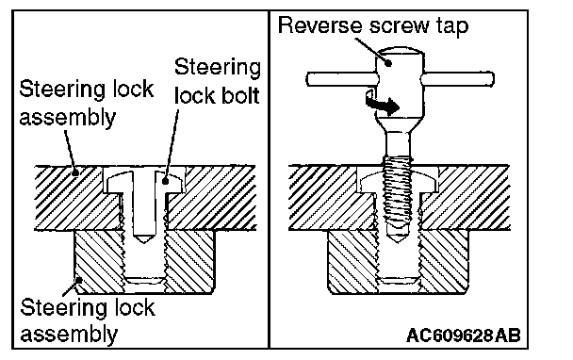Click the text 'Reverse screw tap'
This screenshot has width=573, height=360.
[373, 26]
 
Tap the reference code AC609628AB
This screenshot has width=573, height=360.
[464, 335]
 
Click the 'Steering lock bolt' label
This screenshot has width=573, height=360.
[218, 81]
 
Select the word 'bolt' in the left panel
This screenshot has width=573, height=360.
[237, 96]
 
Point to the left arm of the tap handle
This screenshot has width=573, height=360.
[342, 79]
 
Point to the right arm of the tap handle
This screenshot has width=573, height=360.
[457, 79]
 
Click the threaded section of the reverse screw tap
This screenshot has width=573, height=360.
[398, 194]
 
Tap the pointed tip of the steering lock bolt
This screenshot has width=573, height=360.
[145, 240]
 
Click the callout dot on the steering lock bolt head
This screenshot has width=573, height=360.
[165, 181]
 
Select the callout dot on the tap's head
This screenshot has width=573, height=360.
[389, 63]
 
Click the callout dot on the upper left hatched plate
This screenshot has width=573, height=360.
[75, 172]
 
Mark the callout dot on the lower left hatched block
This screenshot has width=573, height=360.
[79, 281]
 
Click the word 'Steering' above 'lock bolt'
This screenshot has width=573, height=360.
[218, 67]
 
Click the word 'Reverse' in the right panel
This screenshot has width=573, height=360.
[320, 25]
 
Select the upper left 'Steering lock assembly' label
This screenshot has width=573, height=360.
[87, 104]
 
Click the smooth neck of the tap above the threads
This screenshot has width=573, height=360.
[399, 143]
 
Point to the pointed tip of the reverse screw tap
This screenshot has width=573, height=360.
[399, 241]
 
